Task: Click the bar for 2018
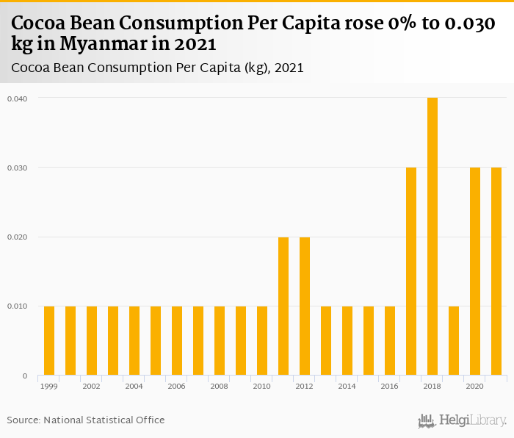(432, 237)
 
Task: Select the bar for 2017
(411, 271)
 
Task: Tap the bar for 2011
(283, 306)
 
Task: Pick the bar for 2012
(305, 306)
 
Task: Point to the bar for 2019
(454, 340)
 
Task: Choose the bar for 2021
(496, 271)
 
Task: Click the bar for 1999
(49, 340)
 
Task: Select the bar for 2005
(156, 340)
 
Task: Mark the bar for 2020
(475, 271)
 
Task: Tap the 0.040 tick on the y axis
(17, 98)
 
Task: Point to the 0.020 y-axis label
(17, 237)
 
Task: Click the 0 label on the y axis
(24, 376)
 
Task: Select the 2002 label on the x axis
(92, 386)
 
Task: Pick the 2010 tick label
(262, 386)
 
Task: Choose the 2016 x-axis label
(390, 386)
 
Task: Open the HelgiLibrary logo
(462, 420)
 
